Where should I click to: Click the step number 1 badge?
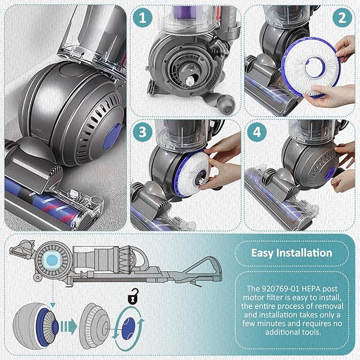pyautogui.click(x=143, y=17)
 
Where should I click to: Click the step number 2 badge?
pyautogui.click(x=342, y=17)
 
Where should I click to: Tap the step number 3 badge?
pyautogui.click(x=143, y=132)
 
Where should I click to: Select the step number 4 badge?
pyautogui.click(x=257, y=132)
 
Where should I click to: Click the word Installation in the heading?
pyautogui.click(x=304, y=253)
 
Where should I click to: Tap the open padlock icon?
pyautogui.click(x=133, y=296)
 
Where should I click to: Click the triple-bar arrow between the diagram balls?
pyautogui.click(x=68, y=326)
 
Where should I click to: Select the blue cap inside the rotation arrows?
pyautogui.click(x=128, y=328)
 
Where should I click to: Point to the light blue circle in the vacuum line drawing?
pyautogui.click(x=52, y=260)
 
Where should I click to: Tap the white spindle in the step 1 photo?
pyautogui.click(x=189, y=81)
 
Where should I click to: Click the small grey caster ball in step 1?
pyautogui.click(x=226, y=103)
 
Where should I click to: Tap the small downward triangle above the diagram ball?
pyautogui.click(x=53, y=305)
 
